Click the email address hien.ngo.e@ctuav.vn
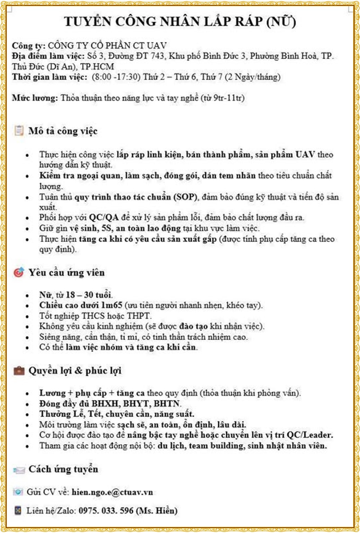(x=112, y=492)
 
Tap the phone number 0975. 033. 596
(x=106, y=511)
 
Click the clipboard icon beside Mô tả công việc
(x=18, y=131)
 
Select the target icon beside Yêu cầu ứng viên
(x=18, y=272)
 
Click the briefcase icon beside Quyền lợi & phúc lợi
(x=19, y=371)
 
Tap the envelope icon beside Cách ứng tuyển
(x=19, y=470)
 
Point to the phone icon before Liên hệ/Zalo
(x=18, y=511)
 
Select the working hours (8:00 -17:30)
(x=116, y=77)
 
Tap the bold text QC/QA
(x=104, y=218)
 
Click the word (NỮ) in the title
(x=281, y=22)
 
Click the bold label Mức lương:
(x=35, y=98)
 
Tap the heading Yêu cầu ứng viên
(x=66, y=273)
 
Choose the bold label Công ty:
(x=28, y=46)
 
